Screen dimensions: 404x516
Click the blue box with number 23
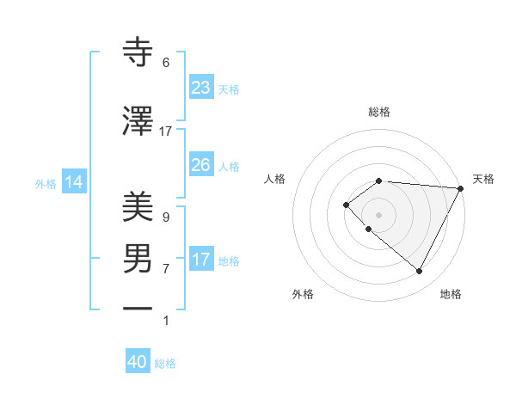[200, 88]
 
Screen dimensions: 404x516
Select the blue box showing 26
[200, 165]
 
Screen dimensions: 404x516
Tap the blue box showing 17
[200, 260]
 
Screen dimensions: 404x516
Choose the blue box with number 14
[73, 182]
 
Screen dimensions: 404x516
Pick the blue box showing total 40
[138, 362]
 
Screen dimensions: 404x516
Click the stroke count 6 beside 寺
[166, 63]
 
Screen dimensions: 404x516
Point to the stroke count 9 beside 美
[166, 217]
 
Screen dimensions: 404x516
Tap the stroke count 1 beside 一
[166, 321]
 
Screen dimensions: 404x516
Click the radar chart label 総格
[378, 112]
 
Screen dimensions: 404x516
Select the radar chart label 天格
[483, 179]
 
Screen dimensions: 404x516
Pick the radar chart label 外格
[303, 295]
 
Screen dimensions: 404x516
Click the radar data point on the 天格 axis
[461, 188]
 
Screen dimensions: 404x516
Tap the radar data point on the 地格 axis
[420, 272]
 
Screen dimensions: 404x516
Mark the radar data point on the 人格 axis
[346, 204]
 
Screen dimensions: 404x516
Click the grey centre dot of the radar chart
[378, 214]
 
